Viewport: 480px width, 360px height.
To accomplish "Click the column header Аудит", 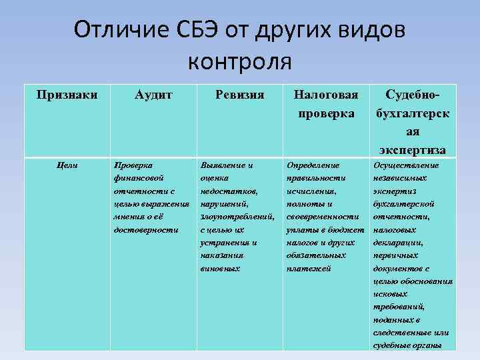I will [x=153, y=95].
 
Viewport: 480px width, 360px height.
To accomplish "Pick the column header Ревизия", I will [x=240, y=95].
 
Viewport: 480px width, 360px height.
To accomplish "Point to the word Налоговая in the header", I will [x=327, y=95].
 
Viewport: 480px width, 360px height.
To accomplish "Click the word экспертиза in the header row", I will [x=413, y=149].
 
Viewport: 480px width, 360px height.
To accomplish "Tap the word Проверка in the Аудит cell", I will [x=133, y=164].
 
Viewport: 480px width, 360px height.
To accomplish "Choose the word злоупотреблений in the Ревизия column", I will [x=237, y=217].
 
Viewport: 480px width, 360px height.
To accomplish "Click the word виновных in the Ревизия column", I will [x=221, y=269].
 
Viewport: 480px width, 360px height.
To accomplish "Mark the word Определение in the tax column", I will [x=313, y=164].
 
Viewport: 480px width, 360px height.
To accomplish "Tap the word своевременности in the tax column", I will [x=323, y=217].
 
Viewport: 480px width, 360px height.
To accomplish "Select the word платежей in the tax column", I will [x=308, y=269].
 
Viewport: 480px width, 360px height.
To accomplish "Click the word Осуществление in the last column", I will [x=407, y=165].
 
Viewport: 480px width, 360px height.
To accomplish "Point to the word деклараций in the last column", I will [x=397, y=243].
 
